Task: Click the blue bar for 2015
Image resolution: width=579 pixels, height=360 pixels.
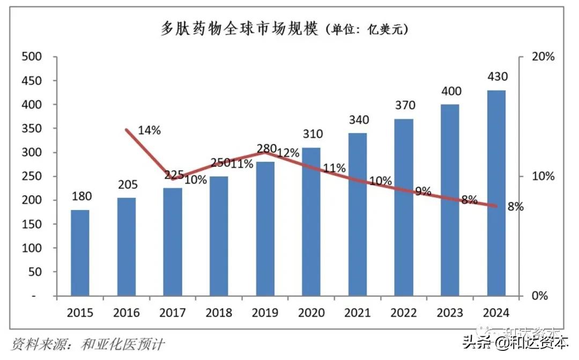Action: pos(80,252)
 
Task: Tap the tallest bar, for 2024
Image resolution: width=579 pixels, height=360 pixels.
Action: pos(496,193)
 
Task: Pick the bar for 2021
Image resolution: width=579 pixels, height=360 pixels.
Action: pos(358,214)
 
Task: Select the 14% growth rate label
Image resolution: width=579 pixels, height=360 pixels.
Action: pos(149,130)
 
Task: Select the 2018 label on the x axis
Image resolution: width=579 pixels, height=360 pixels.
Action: pos(219,313)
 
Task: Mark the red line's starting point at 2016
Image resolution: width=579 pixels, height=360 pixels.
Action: pos(127,130)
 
